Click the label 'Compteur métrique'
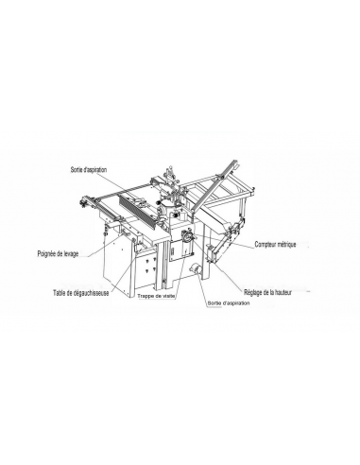pyautogui.click(x=275, y=244)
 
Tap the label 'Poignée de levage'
pyautogui.click(x=58, y=253)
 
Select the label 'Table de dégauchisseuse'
pyautogui.click(x=81, y=293)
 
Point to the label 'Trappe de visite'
pyautogui.click(x=156, y=296)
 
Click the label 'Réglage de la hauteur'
pyautogui.click(x=267, y=292)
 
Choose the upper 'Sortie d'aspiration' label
pyautogui.click(x=89, y=170)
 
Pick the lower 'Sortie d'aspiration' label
pyautogui.click(x=229, y=303)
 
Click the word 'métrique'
pyautogui.click(x=286, y=244)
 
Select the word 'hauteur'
pyautogui.click(x=283, y=292)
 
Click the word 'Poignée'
pyautogui.click(x=46, y=253)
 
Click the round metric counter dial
pyautogui.click(x=188, y=236)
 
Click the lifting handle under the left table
pyautogui.click(x=126, y=233)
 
